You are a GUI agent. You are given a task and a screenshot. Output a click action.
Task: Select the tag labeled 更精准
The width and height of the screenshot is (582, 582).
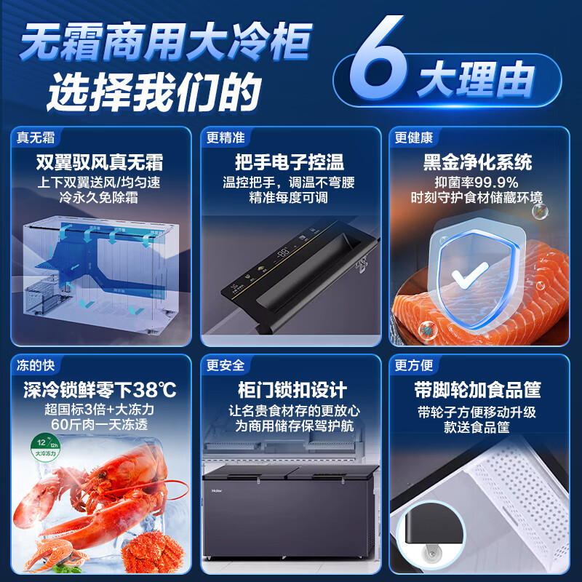225,137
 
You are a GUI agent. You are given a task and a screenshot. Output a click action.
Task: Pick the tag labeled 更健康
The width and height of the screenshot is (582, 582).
414,137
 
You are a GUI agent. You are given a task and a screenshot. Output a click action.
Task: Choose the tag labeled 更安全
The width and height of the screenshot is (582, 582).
225,364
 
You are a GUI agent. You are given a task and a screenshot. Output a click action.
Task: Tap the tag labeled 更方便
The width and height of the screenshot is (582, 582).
414,364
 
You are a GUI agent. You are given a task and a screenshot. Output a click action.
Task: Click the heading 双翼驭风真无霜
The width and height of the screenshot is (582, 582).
100,162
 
